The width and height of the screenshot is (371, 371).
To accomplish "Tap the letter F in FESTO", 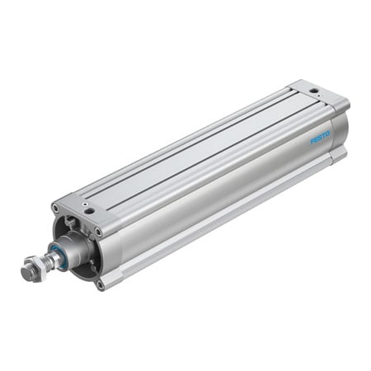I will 312,139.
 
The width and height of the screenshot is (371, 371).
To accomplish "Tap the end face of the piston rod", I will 26,271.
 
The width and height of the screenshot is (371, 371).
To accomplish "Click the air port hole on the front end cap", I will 89,209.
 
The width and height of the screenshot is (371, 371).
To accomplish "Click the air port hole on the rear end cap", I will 314,89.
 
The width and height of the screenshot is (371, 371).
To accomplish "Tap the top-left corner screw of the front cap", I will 55,208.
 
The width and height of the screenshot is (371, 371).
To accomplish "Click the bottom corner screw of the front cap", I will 100,284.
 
